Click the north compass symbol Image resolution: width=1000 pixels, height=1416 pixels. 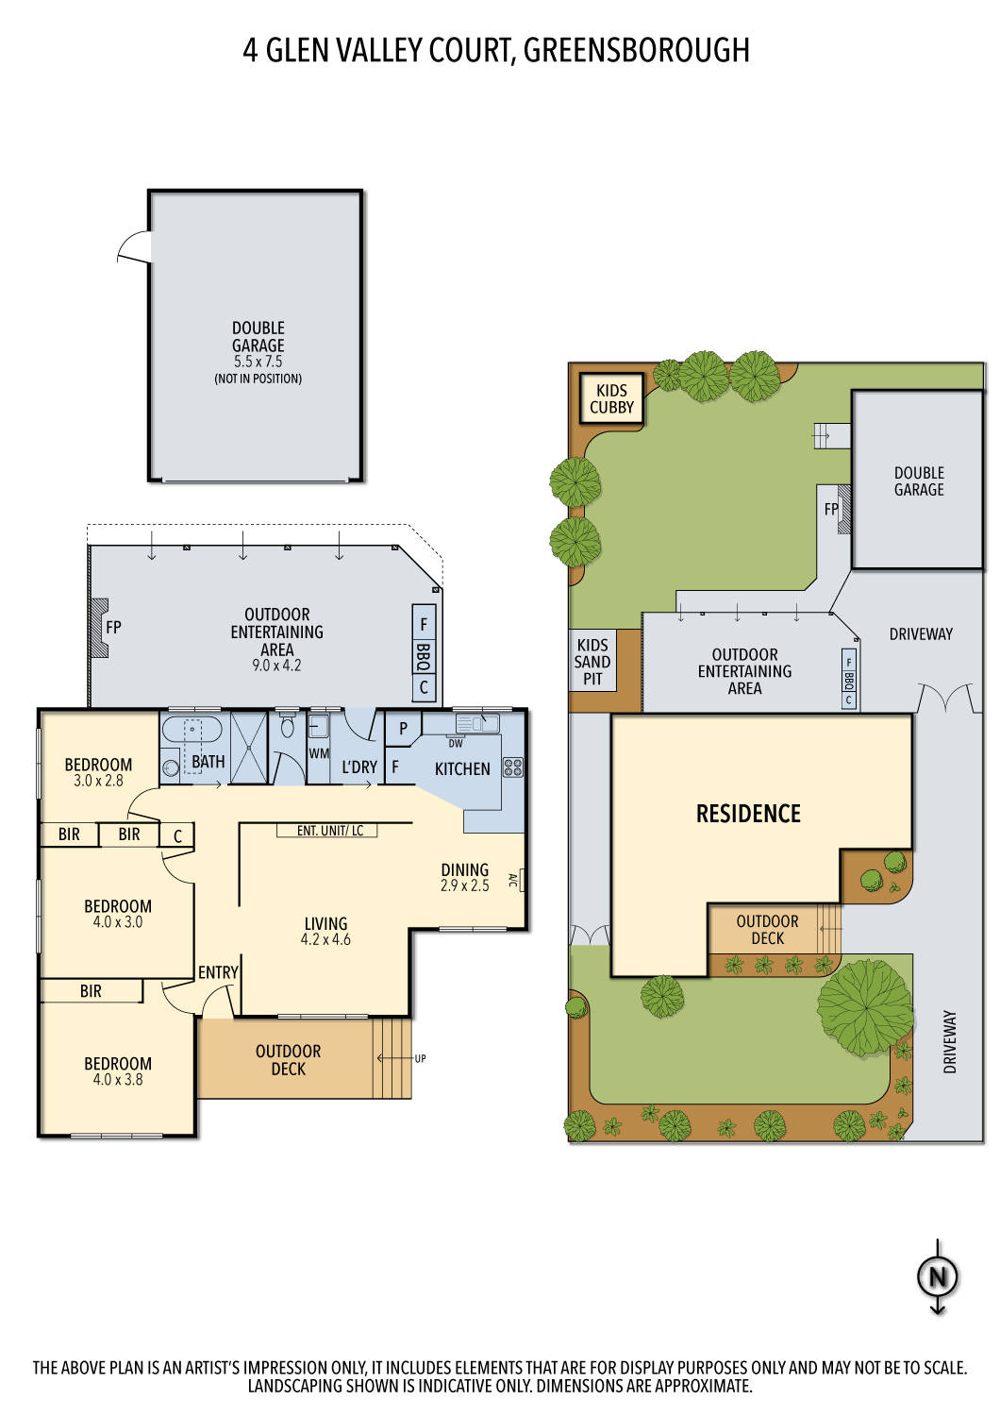pyautogui.click(x=937, y=1276)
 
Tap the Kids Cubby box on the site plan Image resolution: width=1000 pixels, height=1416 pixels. pyautogui.click(x=611, y=398)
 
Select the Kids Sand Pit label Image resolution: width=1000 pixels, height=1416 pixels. pyautogui.click(x=592, y=662)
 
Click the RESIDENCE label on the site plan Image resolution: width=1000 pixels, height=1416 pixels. pyautogui.click(x=748, y=814)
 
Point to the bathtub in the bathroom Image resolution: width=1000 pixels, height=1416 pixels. pyautogui.click(x=192, y=732)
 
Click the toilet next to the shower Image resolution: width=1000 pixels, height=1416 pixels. pyautogui.click(x=288, y=728)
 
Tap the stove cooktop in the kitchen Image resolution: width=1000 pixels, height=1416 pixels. pyautogui.click(x=512, y=767)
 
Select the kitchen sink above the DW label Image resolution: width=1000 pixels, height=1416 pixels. pyautogui.click(x=476, y=723)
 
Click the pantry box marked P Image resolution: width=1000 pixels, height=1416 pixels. pyautogui.click(x=403, y=729)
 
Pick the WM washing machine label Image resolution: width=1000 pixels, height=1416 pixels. pyautogui.click(x=319, y=753)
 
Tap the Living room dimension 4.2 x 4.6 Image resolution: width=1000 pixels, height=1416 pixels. pyautogui.click(x=325, y=939)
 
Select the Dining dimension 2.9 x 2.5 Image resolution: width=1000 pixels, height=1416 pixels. pyautogui.click(x=464, y=885)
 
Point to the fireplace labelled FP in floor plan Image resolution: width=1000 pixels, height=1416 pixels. pyautogui.click(x=112, y=627)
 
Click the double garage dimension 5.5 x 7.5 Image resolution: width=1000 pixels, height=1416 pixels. pyautogui.click(x=258, y=362)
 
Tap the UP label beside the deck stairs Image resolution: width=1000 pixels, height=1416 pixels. pyautogui.click(x=420, y=1058)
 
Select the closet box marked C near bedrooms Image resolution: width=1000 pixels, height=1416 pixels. pyautogui.click(x=177, y=835)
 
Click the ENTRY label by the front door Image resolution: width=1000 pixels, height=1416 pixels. pyautogui.click(x=218, y=972)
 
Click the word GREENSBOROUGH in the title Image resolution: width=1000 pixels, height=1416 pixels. pyautogui.click(x=636, y=50)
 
